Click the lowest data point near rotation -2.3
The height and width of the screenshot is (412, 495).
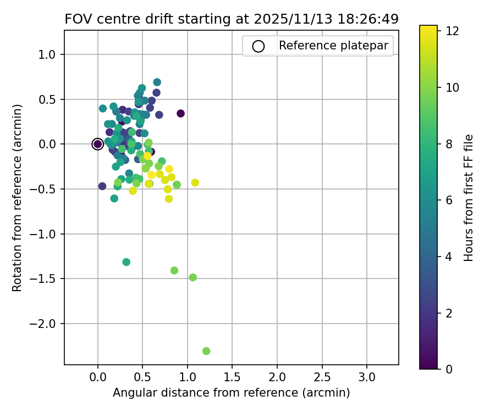[206, 351]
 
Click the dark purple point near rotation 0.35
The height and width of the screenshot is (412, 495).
[180, 114]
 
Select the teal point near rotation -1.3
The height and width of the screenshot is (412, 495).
[127, 262]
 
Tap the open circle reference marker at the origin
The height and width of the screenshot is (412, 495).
[98, 144]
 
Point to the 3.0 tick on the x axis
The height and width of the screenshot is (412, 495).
[367, 365]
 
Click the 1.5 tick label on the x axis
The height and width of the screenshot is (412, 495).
[232, 377]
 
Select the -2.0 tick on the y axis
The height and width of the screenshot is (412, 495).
[64, 324]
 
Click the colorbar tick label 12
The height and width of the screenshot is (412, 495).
[453, 31]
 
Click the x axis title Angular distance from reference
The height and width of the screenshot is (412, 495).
[231, 393]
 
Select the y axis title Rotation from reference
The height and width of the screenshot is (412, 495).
[18, 198]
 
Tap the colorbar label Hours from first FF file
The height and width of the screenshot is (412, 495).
[469, 198]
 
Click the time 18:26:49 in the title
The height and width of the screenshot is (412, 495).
[371, 19]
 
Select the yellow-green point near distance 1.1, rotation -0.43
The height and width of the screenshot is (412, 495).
[195, 182]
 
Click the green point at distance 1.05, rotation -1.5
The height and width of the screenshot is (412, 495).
[193, 277]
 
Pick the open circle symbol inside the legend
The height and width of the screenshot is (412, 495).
[258, 46]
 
